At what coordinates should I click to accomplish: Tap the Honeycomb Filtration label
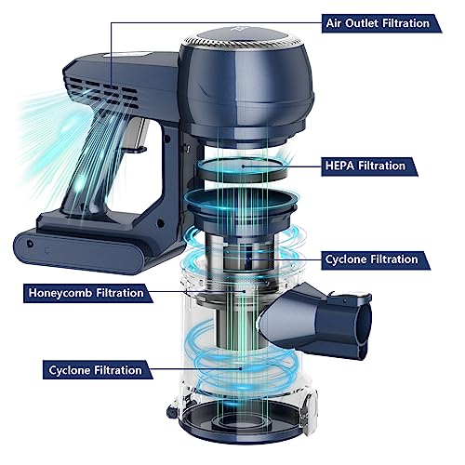[x=86, y=293]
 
